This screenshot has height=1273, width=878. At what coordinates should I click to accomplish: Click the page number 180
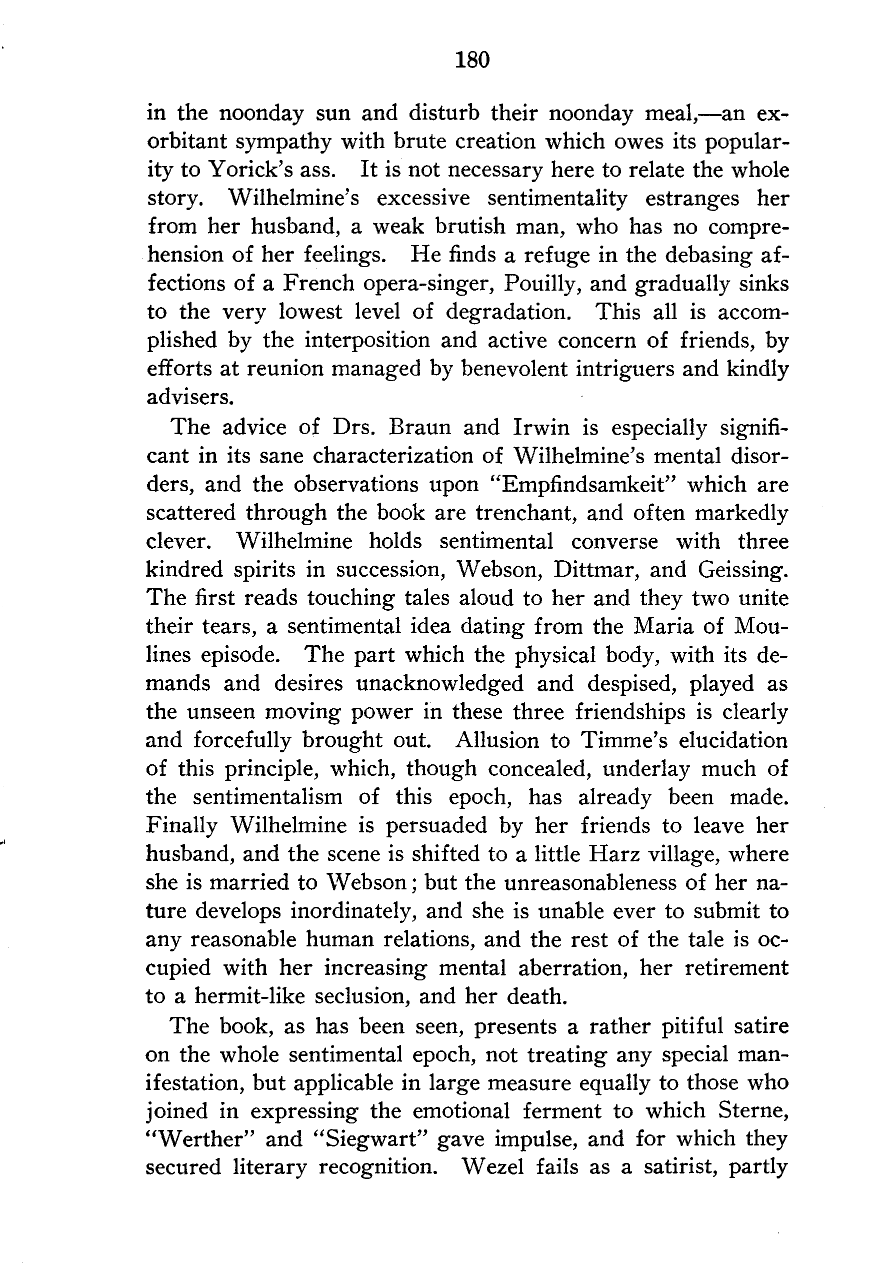click(x=472, y=60)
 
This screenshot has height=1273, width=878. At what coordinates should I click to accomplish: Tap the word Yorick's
click(x=251, y=170)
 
